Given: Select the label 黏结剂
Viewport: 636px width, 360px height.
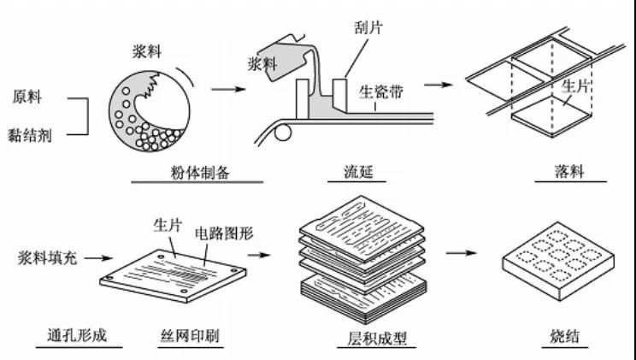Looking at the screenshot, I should pos(32,133).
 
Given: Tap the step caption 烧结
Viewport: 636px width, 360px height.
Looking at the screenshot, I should pos(565,335).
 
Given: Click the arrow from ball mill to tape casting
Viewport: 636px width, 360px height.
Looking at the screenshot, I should pos(224,88).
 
